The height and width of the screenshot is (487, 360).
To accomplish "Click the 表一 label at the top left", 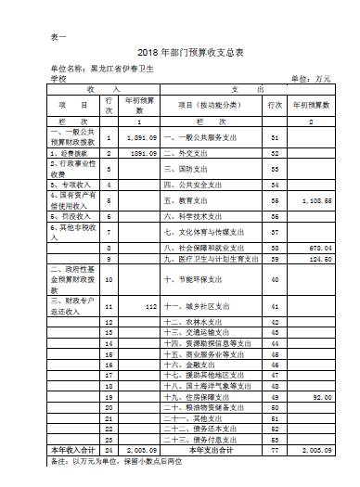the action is [57, 36].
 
